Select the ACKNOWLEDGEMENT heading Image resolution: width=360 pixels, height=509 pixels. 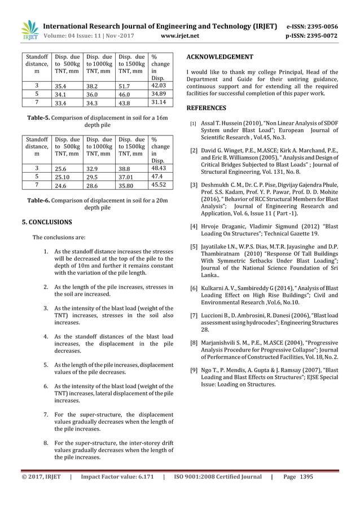(x=219, y=57)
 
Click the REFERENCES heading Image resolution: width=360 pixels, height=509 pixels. (x=207, y=108)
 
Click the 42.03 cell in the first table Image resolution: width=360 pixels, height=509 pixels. (x=161, y=85)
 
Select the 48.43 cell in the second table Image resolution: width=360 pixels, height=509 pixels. (x=161, y=168)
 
